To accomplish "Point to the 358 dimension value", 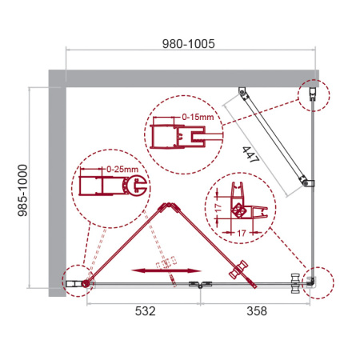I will tap(258, 309).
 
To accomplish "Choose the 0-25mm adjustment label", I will tap(120, 170).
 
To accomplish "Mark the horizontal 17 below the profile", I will tap(241, 233).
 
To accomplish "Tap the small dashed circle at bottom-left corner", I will tap(75, 281).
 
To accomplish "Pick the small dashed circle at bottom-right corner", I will tap(310, 281).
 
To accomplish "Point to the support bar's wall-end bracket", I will tap(242, 95).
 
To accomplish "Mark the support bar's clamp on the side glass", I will tap(308, 185).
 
